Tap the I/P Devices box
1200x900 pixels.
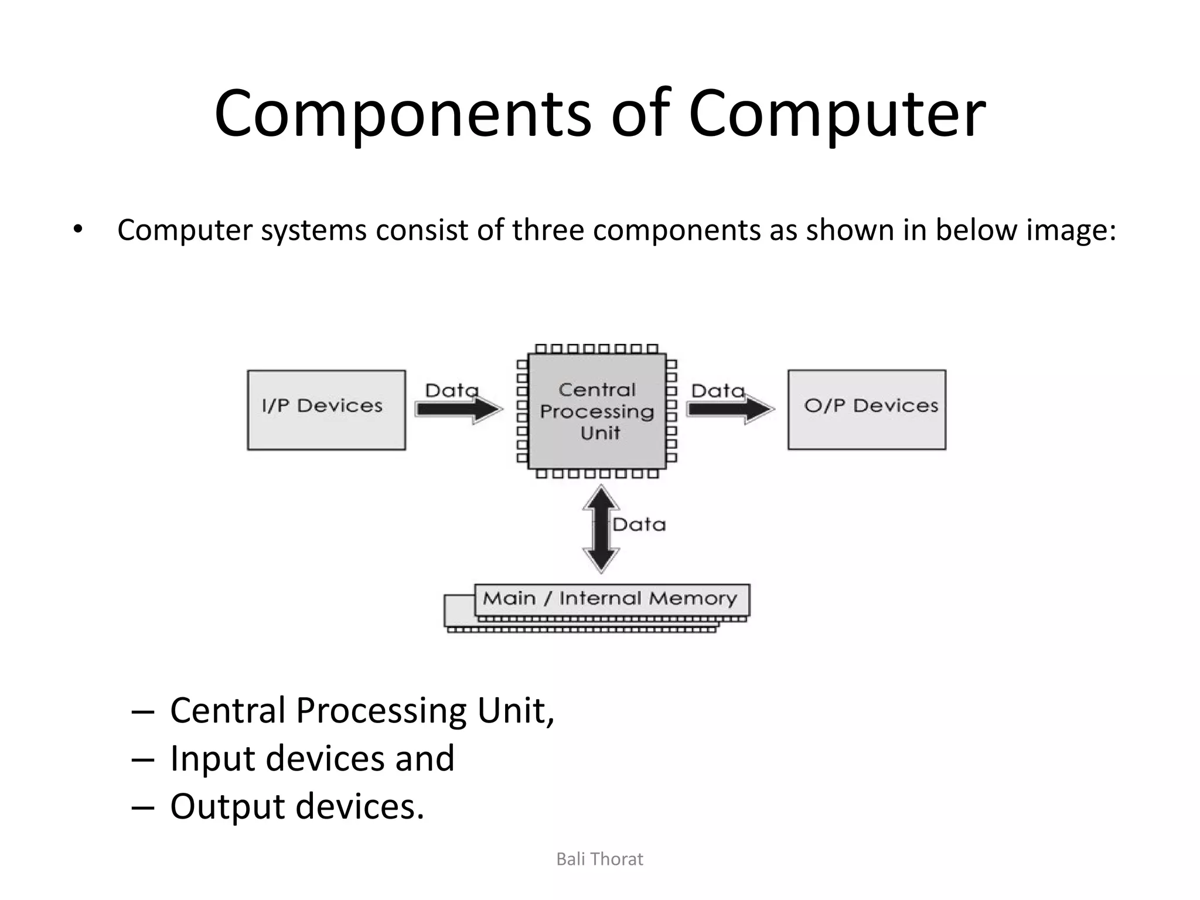(326, 410)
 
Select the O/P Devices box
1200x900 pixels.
(867, 410)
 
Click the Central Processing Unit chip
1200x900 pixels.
(596, 411)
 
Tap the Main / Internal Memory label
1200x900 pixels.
(610, 598)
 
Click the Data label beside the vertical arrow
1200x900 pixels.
(639, 524)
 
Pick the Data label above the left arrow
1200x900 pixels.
(452, 390)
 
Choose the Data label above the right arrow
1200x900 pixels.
(718, 390)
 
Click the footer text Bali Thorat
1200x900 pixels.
(599, 859)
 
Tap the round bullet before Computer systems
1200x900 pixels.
(78, 230)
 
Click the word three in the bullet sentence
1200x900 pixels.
(547, 230)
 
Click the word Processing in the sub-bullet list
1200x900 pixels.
(381, 710)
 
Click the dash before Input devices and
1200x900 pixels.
(143, 759)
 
